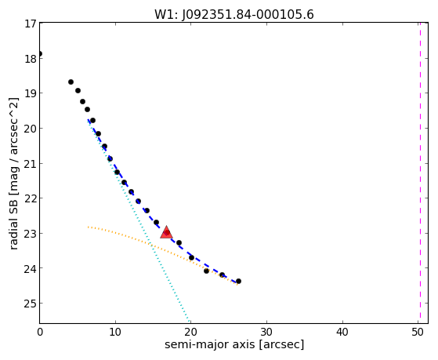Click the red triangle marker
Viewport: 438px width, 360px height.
pyautogui.click(x=166, y=233)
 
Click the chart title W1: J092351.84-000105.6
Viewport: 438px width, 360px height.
pyautogui.click(x=234, y=14)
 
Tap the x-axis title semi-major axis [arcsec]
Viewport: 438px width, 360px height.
pyautogui.click(x=234, y=344)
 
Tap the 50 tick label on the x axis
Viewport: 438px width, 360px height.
pyautogui.click(x=418, y=333)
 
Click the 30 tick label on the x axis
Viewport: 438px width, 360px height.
pyautogui.click(x=266, y=333)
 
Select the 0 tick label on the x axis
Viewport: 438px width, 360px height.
pyautogui.click(x=40, y=333)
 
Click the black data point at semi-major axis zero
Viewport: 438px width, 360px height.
pyautogui.click(x=40, y=53)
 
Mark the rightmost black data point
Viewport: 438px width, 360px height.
pyautogui.click(x=238, y=281)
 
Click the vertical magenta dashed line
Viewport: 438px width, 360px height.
pyautogui.click(x=420, y=173)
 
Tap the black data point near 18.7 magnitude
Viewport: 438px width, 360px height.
pyautogui.click(x=71, y=82)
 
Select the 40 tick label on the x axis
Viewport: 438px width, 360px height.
pyautogui.click(x=342, y=333)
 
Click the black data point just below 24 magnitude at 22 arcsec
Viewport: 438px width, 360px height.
pyautogui.click(x=206, y=271)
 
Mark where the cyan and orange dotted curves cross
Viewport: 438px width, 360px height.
pyautogui.click(x=151, y=245)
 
